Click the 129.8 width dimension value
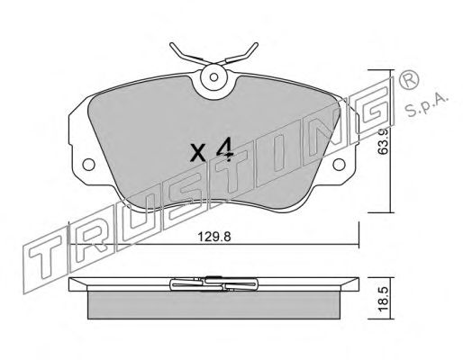tap(214, 237)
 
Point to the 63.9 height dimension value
tap(384, 141)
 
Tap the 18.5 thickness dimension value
tap(384, 299)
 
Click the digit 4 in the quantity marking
tap(225, 149)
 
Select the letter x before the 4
tap(198, 152)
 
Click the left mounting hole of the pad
tap(89, 165)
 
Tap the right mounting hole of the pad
tap(340, 165)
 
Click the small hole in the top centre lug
tap(213, 77)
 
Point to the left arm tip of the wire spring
tap(172, 45)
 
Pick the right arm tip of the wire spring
tap(256, 44)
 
